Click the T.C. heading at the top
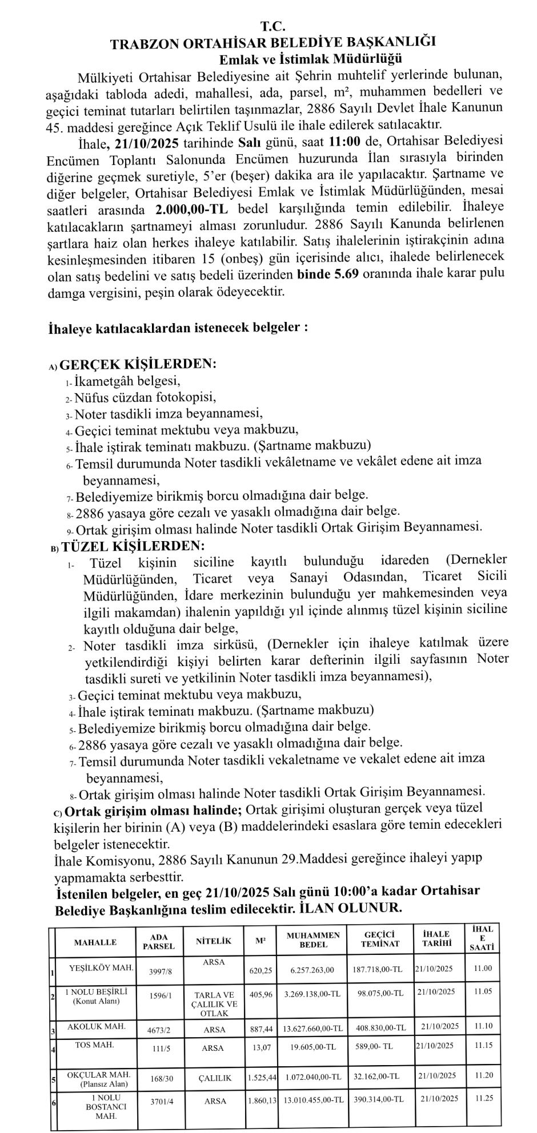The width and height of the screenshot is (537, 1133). coord(272,26)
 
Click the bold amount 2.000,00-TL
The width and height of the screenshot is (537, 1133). coord(191,208)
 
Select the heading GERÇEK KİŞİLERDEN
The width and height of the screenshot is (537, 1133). coord(138,364)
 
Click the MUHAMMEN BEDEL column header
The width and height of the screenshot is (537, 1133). coord(313,940)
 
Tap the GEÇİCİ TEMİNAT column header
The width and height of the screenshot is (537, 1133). coord(380,939)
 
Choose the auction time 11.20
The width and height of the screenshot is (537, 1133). coord(483,1075)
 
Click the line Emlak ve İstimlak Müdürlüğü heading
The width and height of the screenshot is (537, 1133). coord(311,58)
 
